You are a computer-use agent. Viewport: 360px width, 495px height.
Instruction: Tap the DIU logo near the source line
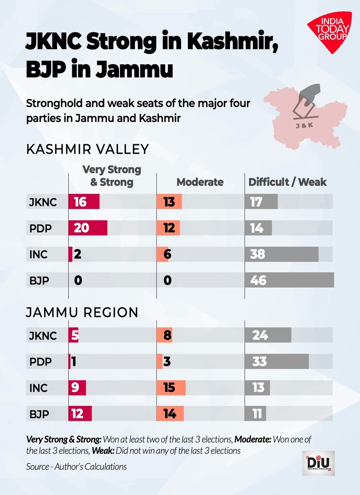318,463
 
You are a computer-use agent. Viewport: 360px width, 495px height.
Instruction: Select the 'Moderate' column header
200,182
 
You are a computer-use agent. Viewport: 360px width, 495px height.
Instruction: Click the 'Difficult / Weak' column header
287,182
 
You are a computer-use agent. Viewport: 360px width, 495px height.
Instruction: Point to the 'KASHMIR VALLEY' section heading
87,149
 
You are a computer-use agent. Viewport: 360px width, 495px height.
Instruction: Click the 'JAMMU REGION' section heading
82,313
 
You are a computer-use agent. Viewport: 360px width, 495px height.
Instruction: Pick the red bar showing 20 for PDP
88,228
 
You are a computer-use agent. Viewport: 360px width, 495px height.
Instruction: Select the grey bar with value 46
289,280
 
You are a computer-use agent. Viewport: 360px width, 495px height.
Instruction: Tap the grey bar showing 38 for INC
281,254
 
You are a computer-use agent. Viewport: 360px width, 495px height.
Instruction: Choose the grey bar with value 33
276,361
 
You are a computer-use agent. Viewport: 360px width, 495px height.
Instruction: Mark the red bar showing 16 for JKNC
84,202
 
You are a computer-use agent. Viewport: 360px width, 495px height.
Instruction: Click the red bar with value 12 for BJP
80,413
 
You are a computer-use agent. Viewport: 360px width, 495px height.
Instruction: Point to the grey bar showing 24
268,335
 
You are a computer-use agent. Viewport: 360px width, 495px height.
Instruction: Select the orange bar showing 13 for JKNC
169,202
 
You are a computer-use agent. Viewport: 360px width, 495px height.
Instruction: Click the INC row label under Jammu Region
38,387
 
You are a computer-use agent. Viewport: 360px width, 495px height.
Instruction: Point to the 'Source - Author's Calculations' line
77,466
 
